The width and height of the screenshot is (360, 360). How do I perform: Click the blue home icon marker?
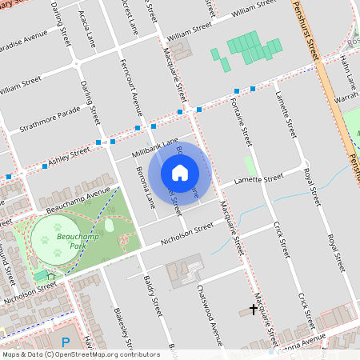pyautogui.click(x=180, y=172)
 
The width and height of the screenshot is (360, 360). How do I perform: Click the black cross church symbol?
pyautogui.click(x=254, y=309)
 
